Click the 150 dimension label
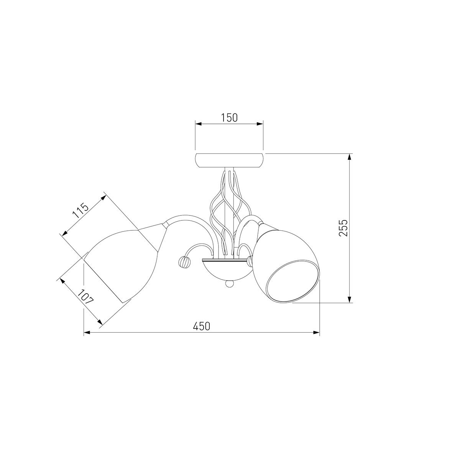point(229,118)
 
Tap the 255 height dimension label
point(343,228)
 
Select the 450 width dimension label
point(202,326)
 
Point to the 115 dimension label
point(80,211)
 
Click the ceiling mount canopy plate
point(229,160)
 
